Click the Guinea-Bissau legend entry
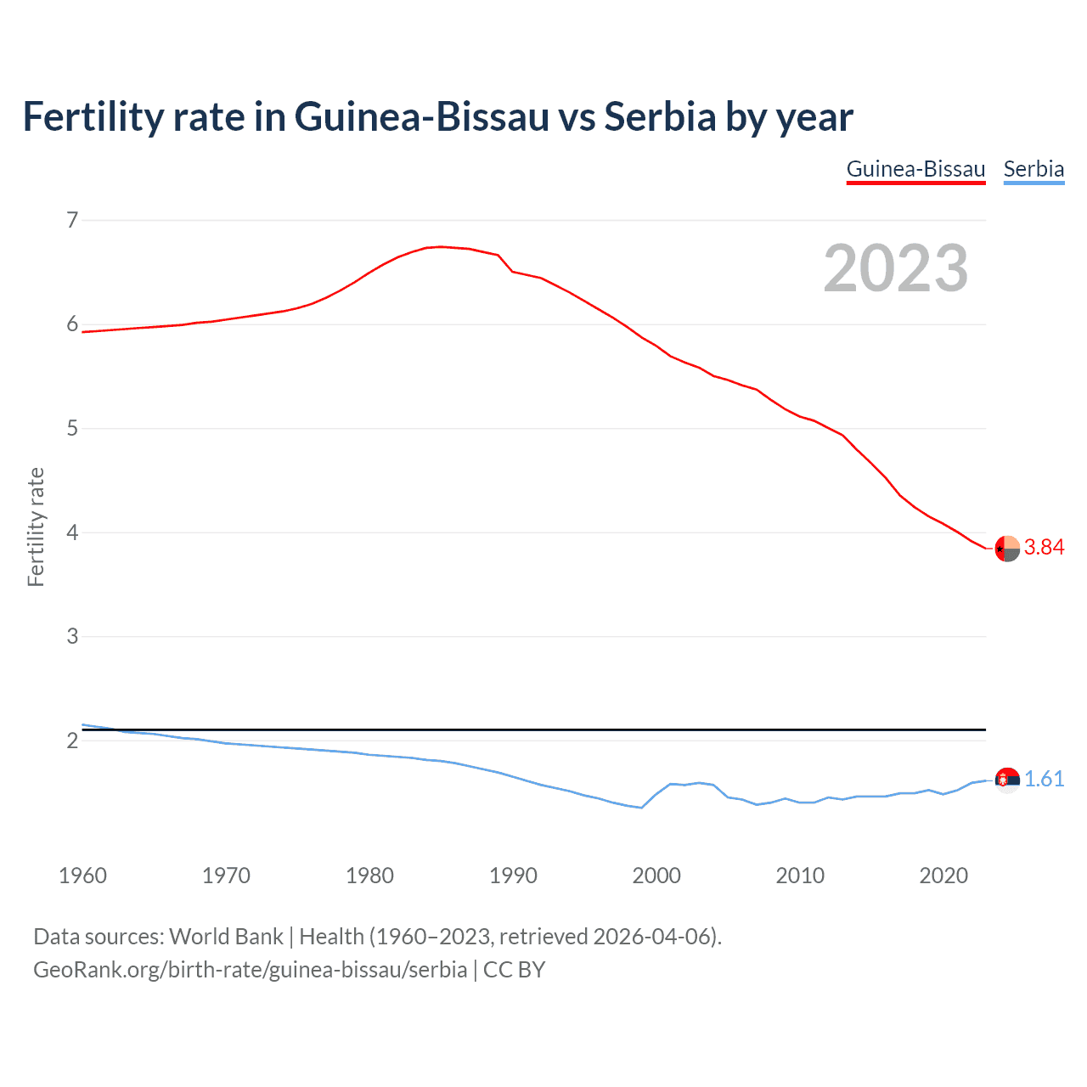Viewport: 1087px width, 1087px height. point(915,169)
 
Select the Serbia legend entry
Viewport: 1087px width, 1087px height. point(1033,169)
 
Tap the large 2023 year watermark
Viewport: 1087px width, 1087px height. point(895,268)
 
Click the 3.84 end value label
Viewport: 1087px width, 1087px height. point(1044,548)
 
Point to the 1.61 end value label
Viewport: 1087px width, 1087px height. point(1044,780)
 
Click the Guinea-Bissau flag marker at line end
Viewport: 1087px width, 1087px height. point(1007,549)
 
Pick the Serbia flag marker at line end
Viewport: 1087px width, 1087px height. point(1007,779)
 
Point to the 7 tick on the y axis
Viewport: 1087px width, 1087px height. point(72,221)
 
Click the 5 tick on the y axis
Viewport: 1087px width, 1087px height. point(72,429)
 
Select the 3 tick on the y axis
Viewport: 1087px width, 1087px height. point(72,637)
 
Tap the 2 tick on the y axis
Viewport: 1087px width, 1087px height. point(72,741)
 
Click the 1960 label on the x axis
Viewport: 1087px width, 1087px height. point(82,876)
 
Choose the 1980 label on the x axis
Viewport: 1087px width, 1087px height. point(369,876)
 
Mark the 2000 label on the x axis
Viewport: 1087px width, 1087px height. point(656,876)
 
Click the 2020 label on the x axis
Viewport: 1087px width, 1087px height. point(943,876)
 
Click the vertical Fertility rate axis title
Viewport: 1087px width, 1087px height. point(36,527)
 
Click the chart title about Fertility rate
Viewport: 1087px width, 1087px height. point(437,117)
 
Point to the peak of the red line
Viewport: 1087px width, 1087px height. point(441,246)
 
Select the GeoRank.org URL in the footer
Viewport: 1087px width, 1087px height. point(250,970)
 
